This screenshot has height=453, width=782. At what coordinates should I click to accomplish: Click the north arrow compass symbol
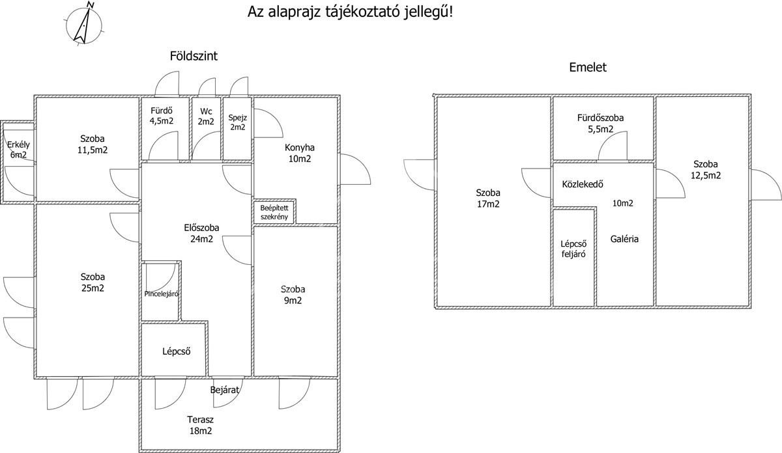tap(83, 23)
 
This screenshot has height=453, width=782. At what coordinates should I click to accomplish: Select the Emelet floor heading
tap(588, 67)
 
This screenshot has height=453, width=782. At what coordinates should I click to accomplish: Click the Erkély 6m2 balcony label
tap(18, 150)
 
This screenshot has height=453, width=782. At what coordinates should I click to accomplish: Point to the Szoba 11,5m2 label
tap(93, 144)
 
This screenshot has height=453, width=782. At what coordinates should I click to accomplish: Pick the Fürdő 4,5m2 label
tap(162, 116)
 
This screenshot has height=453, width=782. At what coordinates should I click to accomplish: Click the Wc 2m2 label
tap(206, 116)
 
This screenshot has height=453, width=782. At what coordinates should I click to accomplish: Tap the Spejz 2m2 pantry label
tap(237, 122)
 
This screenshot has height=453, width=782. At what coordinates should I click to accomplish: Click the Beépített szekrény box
tap(274, 212)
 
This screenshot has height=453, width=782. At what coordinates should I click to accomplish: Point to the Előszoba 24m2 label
tap(201, 233)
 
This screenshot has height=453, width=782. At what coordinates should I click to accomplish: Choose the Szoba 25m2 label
tap(92, 282)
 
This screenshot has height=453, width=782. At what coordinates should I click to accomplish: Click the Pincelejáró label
tap(162, 294)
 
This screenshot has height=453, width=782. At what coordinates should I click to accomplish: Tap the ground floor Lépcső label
tap(176, 351)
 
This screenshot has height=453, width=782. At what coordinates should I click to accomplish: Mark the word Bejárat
tap(225, 391)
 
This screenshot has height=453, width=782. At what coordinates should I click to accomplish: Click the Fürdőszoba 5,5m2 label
tap(600, 124)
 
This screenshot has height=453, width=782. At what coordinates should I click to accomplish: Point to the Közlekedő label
tap(583, 184)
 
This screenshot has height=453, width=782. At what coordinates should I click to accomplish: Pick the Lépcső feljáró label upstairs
tap(573, 249)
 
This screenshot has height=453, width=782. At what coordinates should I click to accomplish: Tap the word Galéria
tap(624, 239)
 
